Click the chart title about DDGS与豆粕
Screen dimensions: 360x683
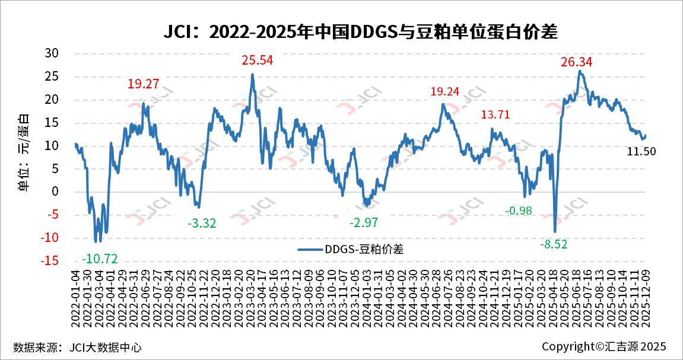(360, 31)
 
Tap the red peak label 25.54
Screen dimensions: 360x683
(257, 60)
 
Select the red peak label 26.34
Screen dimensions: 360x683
(577, 62)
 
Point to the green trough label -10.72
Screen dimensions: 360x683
(100, 259)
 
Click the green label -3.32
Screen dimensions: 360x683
(202, 224)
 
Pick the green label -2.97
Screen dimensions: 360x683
(363, 223)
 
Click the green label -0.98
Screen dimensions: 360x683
(519, 211)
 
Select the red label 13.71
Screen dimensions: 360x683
(495, 114)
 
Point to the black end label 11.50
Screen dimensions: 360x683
(641, 152)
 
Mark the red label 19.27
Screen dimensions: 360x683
(143, 84)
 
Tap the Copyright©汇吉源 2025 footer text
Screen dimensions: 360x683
(604, 346)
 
